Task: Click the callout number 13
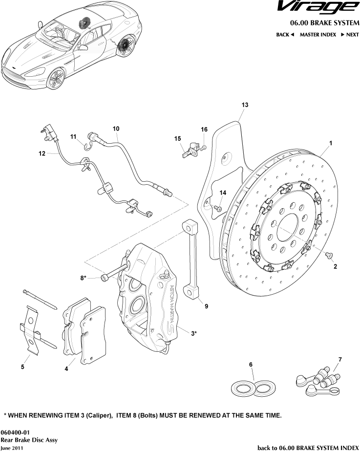coord(245,105)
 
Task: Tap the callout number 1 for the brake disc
coord(331,143)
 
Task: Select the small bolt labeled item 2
coord(328,255)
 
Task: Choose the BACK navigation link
coord(285,35)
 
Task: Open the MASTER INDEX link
coord(318,35)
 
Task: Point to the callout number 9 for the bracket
coord(207,306)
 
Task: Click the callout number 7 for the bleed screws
coord(340,360)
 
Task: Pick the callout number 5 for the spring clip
coord(22,366)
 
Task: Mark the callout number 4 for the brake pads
coord(66,369)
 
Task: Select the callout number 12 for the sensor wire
coord(42,153)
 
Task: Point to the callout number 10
coord(116,129)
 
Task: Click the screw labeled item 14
coord(218,209)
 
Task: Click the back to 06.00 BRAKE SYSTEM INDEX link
coord(308,447)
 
